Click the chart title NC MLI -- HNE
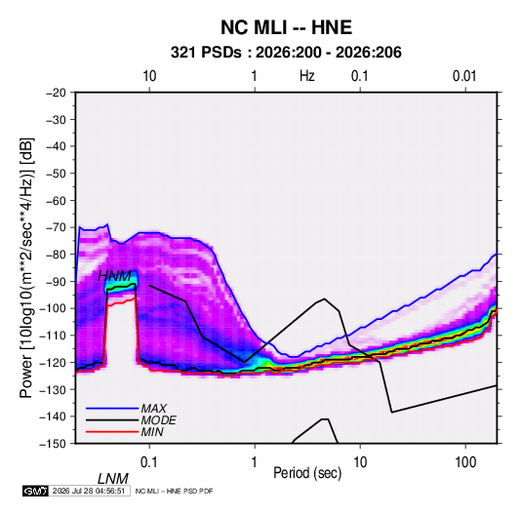286,27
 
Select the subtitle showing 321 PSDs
286,53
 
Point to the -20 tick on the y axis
56,93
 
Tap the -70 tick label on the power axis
56,227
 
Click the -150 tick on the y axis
53,444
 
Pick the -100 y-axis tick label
53,308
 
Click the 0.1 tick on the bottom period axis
149,462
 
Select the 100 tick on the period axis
465,462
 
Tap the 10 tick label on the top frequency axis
149,76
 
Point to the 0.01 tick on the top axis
464,76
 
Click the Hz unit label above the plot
307,76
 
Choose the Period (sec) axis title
307,473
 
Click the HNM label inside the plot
114,276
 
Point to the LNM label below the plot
113,479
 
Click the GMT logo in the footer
35,491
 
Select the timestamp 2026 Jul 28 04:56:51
89,491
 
